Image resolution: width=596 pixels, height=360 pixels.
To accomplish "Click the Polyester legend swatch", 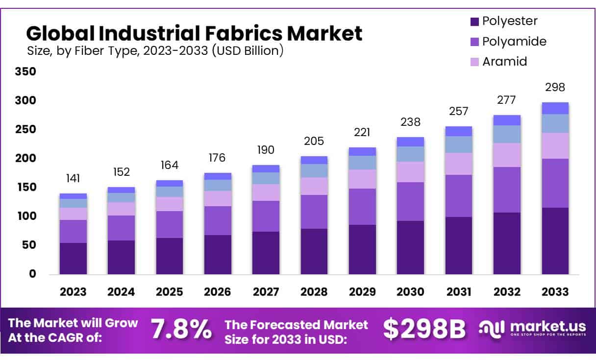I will coord(474,22).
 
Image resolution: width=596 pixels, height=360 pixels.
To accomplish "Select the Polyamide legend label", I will coord(514,42).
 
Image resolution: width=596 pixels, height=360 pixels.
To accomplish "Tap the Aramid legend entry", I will coord(504,62).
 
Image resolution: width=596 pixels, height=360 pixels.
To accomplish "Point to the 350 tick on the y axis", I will coord(26,72).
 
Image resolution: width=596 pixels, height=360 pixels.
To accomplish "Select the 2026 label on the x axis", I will coord(218,292).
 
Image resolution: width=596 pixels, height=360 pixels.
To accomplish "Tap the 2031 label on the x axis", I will coord(458,292).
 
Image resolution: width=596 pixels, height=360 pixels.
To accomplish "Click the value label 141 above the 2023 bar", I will coord(73,178).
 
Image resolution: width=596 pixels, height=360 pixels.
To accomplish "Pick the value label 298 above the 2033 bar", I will coord(555,88).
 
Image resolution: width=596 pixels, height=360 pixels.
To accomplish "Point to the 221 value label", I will coord(362,132).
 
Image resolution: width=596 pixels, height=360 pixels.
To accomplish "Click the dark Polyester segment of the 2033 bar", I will coord(555,240).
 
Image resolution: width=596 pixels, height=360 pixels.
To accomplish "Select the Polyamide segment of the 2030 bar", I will coord(410,201).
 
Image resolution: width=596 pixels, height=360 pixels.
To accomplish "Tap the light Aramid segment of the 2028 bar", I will coord(314,186).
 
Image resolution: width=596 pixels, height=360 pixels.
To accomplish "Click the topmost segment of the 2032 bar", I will coord(507,120).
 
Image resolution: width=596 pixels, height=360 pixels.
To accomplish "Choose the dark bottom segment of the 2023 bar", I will coord(73,258).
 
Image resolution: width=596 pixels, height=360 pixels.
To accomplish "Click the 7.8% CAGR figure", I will coord(181,330).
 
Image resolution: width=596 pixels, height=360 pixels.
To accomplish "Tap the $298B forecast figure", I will coord(424,330).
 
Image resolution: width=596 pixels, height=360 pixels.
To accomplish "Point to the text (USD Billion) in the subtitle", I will coord(248,50).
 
